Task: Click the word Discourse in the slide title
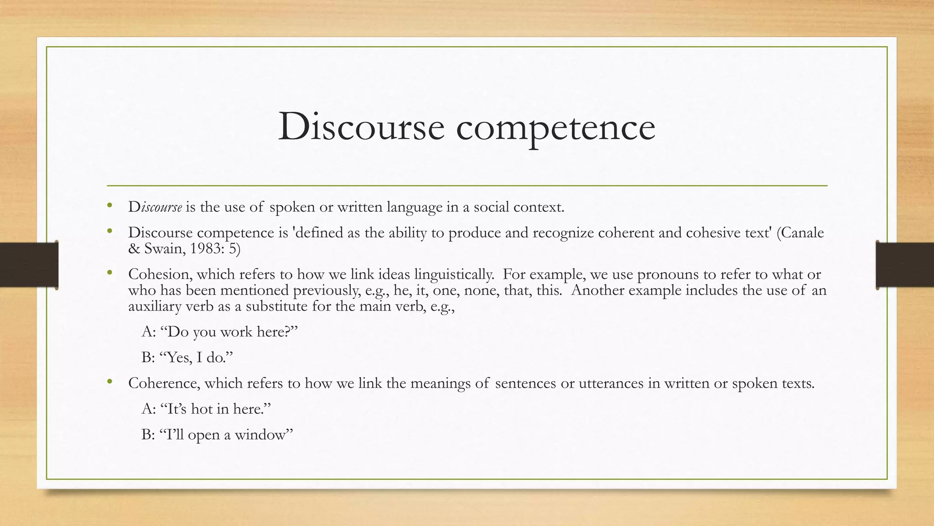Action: click(x=361, y=126)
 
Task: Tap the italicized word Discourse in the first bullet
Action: click(x=155, y=207)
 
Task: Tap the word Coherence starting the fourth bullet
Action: click(x=164, y=383)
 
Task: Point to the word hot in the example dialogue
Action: click(x=202, y=409)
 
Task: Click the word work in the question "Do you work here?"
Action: click(x=236, y=332)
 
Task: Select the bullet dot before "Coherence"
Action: click(x=109, y=382)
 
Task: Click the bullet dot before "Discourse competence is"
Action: click(x=109, y=231)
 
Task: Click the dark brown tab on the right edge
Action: click(x=905, y=265)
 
